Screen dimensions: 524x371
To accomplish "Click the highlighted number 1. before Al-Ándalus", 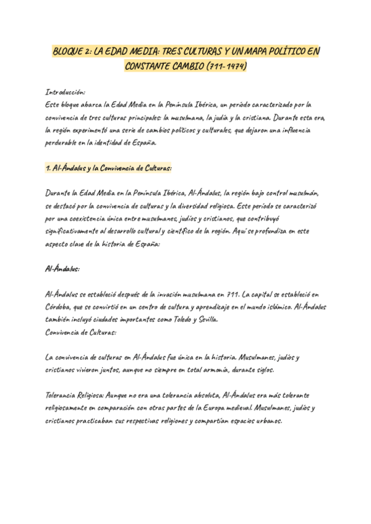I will (x=49, y=168).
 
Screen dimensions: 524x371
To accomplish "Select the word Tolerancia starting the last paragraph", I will (x=65, y=395).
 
